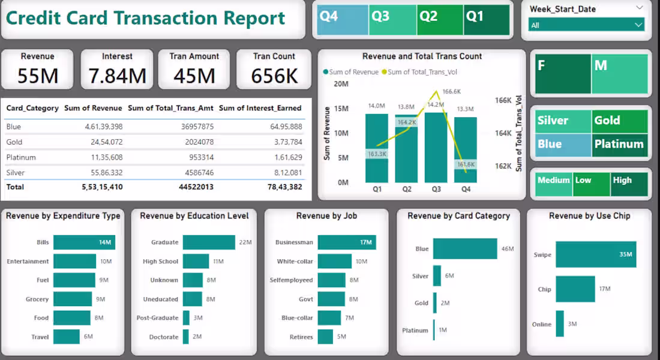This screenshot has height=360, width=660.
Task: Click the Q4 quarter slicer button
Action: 342,20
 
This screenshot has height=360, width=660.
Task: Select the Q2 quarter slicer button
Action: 440,20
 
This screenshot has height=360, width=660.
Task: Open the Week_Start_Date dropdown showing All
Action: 586,25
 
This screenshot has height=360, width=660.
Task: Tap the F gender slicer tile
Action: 563,74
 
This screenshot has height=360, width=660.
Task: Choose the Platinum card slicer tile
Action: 619,145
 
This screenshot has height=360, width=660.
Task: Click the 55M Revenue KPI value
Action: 37,76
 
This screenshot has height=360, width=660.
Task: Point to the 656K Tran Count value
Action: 274,76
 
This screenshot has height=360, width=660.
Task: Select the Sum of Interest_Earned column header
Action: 260,108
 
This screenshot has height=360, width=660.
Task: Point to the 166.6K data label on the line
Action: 451,92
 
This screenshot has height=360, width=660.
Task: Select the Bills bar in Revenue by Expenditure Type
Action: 84,242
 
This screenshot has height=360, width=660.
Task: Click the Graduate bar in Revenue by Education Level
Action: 209,242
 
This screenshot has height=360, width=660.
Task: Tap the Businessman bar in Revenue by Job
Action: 346,242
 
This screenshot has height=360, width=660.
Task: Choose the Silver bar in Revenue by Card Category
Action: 437,276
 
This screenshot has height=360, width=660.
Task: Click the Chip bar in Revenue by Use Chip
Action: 575,289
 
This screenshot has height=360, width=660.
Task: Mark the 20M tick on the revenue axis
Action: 341,84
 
